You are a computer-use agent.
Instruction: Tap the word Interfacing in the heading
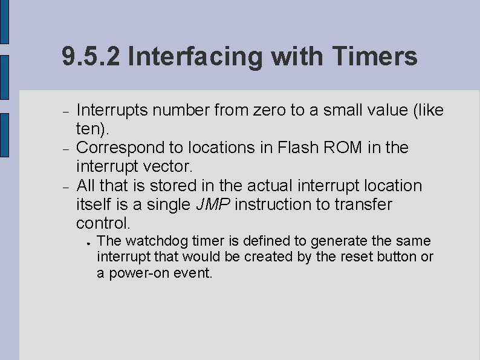point(196,57)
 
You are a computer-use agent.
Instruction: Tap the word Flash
point(299,147)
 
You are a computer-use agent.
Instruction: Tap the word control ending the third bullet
point(101,223)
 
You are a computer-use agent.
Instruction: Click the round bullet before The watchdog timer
point(88,242)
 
